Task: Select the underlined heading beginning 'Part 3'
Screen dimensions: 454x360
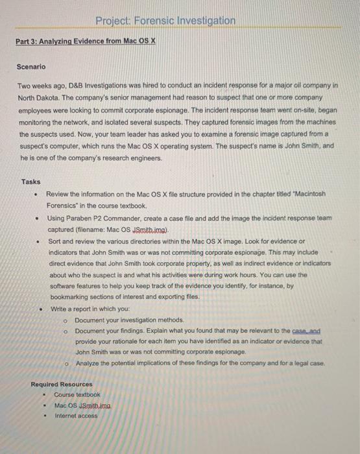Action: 86,41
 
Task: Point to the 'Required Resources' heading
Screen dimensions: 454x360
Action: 62,384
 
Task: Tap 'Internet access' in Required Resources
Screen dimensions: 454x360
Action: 77,415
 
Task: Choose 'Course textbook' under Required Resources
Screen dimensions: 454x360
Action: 77,394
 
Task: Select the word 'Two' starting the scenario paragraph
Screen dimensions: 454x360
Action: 24,85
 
